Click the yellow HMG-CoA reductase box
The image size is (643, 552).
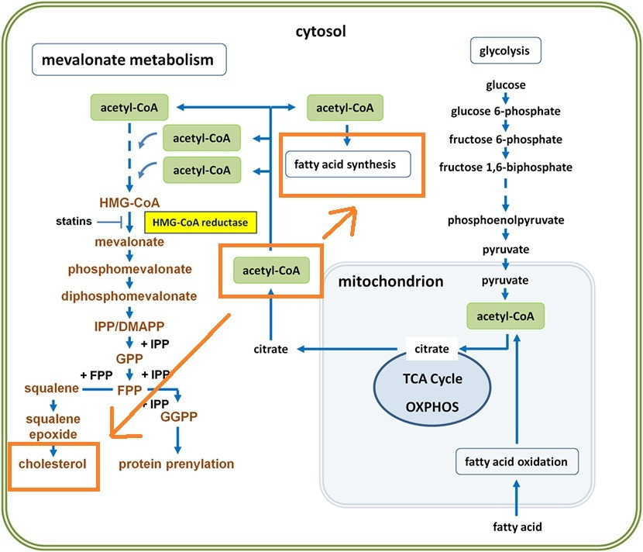click(x=200, y=223)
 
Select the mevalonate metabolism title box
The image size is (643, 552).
click(x=129, y=60)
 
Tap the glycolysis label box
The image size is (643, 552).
click(x=505, y=51)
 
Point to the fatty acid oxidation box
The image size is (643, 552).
click(x=516, y=462)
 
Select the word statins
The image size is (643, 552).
click(x=74, y=223)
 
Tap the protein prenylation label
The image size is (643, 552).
click(x=176, y=464)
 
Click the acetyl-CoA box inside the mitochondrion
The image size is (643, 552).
click(x=506, y=316)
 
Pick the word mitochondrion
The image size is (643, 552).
click(x=390, y=281)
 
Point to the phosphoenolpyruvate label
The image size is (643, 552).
click(x=506, y=220)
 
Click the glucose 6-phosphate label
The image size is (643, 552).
click(x=506, y=112)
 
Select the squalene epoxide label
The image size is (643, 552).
click(x=53, y=426)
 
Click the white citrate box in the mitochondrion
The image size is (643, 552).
click(x=431, y=349)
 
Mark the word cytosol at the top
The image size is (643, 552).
click(x=321, y=32)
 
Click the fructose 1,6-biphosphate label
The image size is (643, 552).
click(x=506, y=167)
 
